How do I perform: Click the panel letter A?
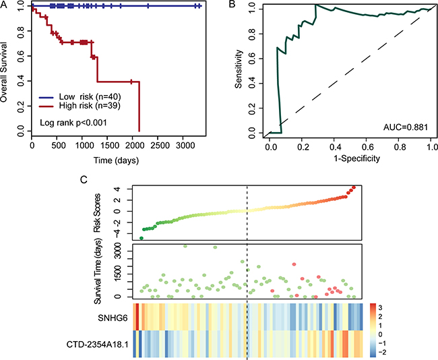(4, 5)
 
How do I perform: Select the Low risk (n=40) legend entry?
(95, 97)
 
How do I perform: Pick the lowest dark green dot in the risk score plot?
(142, 238)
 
